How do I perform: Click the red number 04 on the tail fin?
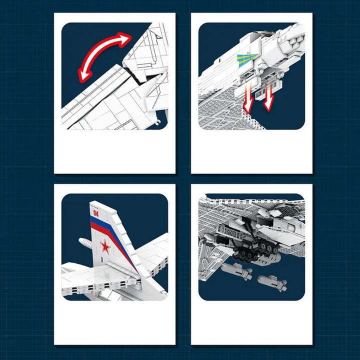(x=96, y=213)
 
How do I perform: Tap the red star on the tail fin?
(x=105, y=247)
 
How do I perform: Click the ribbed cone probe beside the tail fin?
(x=85, y=242)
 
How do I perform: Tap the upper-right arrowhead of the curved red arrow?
(x=125, y=38)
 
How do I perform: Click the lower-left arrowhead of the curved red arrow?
(x=84, y=74)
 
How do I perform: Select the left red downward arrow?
(x=248, y=98)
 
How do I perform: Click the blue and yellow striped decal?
(x=247, y=59)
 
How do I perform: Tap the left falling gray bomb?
(x=237, y=271)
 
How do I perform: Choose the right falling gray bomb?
(x=272, y=283)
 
